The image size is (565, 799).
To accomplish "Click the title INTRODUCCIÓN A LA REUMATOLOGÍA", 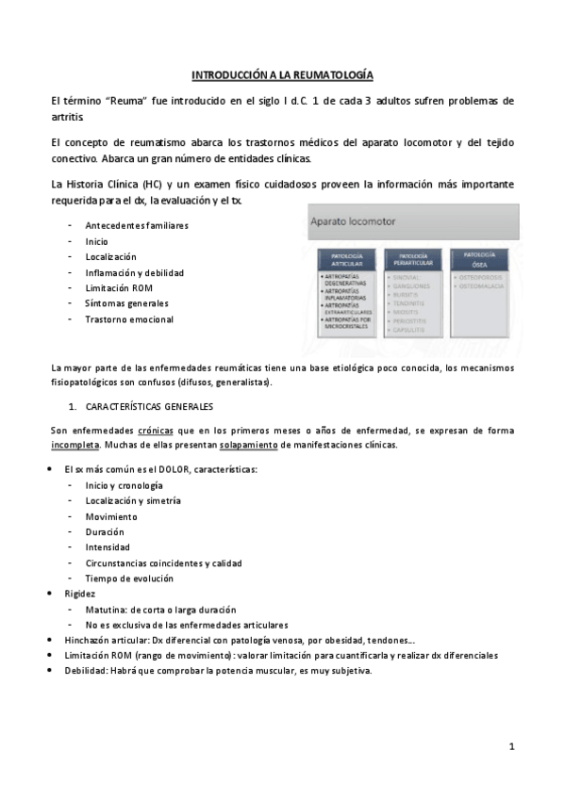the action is point(283,73).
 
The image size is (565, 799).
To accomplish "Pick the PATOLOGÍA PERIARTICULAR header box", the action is point(412,259).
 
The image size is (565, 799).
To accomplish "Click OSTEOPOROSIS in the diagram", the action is point(482,278).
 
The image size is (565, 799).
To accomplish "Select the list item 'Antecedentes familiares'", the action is point(137,225).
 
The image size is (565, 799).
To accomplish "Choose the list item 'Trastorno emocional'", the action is point(129,319).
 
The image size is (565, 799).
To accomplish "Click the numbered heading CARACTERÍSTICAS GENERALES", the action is point(149,407).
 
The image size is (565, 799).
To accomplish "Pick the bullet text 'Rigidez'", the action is point(80,594).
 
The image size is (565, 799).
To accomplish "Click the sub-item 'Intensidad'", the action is point(108,546).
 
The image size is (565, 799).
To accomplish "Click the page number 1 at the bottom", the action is point(511,746).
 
